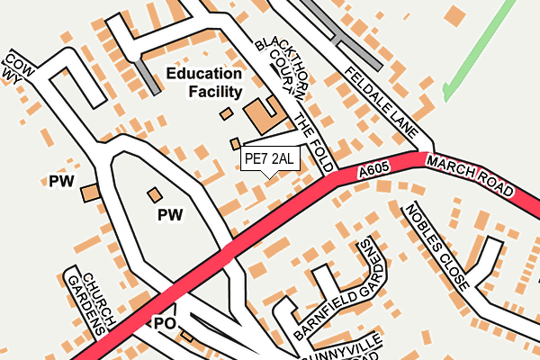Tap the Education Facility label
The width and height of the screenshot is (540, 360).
pos(202,83)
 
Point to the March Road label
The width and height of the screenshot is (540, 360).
pos(470,176)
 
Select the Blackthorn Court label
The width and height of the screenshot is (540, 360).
pos(275,65)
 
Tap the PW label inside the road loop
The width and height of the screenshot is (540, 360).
pos(169,215)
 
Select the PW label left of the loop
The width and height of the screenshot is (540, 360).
pos(60,182)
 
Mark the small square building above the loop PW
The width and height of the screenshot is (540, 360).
pos(156,193)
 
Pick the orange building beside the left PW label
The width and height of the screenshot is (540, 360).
pos(90,193)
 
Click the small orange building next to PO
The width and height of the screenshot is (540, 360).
pos(187,337)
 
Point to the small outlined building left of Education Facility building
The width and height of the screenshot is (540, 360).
pos(225,114)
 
